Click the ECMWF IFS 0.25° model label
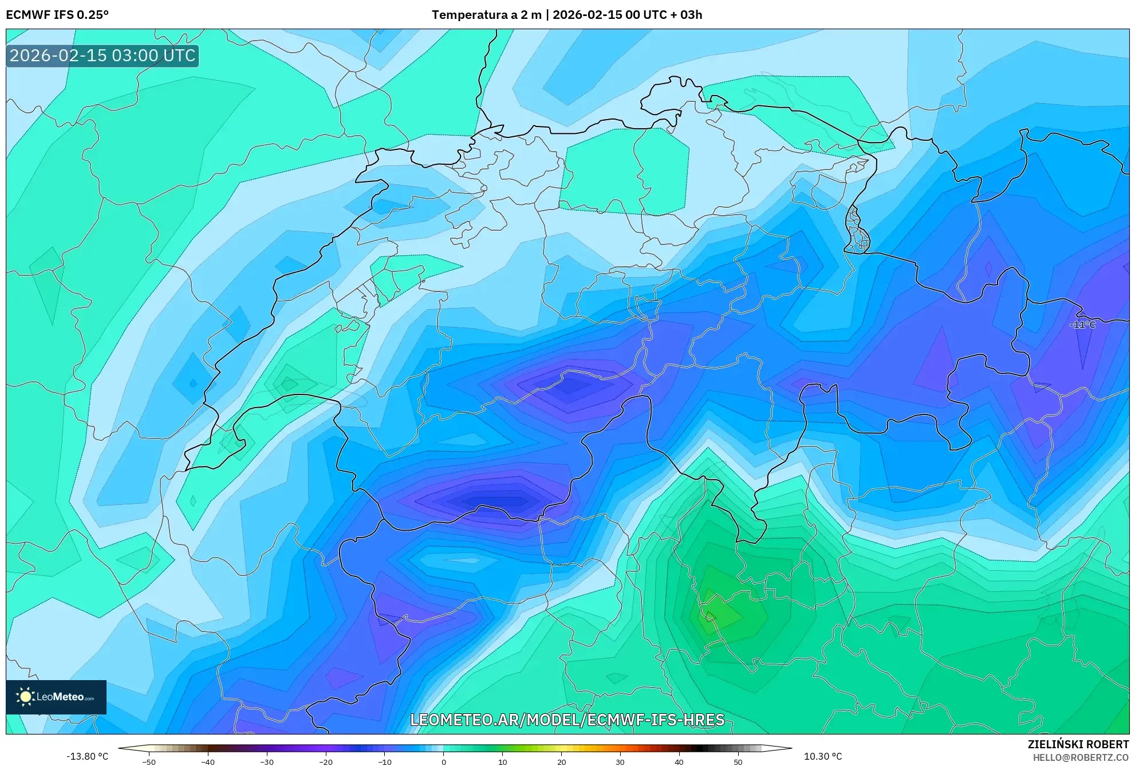57,15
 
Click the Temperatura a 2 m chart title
567,15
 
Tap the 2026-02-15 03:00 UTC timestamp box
103,56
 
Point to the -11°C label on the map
1082,325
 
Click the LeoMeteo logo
56,697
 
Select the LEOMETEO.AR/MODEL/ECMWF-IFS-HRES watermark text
567,720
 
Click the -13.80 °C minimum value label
87,756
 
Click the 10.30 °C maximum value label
823,756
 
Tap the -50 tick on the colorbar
149,762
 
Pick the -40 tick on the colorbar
208,762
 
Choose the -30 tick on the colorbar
267,762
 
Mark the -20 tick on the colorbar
326,762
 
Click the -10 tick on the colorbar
385,762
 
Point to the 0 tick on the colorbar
444,762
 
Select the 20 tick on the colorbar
562,762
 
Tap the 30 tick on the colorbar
620,762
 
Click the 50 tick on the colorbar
738,762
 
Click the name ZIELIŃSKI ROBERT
1078,744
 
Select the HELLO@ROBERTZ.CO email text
1081,757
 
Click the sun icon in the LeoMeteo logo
25,697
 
